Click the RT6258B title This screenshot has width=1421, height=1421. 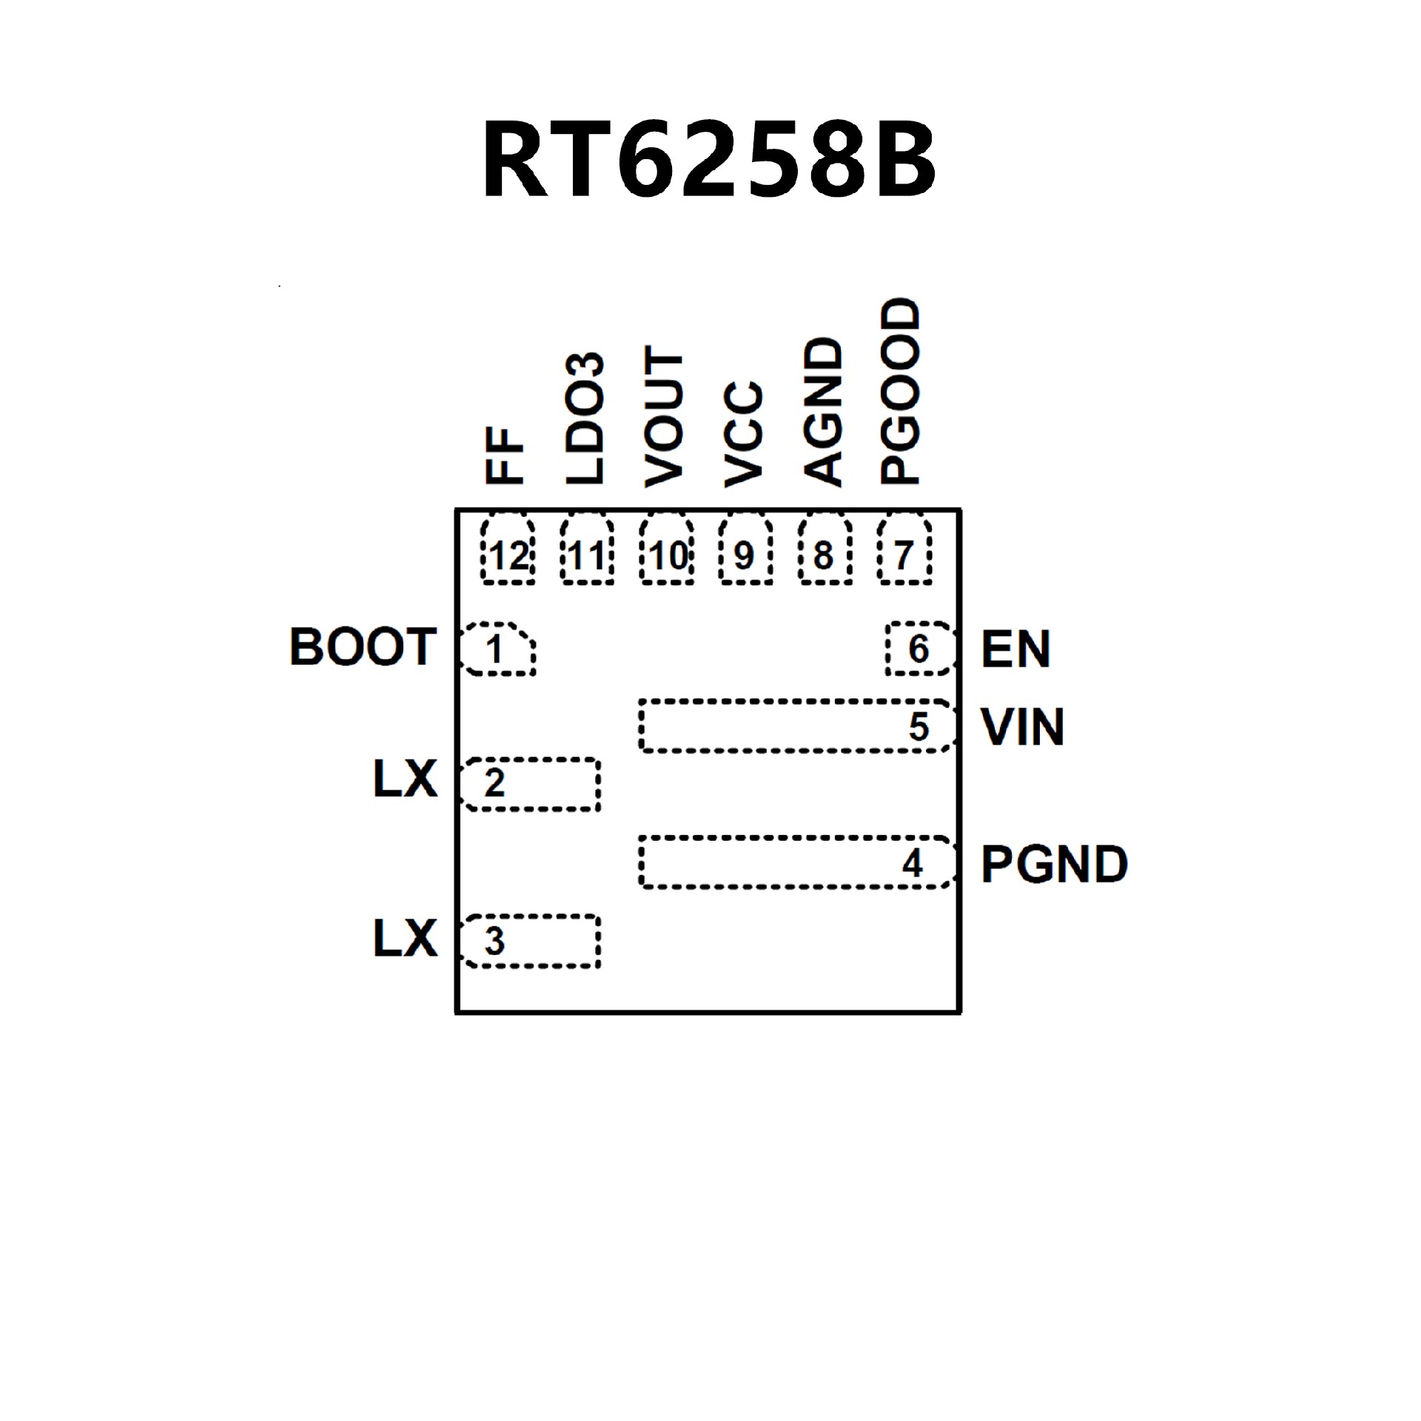[x=709, y=160]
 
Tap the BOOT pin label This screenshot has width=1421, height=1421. [x=363, y=647]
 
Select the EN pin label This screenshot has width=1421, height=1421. [x=1015, y=649]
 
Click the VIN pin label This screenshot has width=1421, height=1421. [x=1023, y=727]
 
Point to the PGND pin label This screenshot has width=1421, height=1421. [x=1054, y=864]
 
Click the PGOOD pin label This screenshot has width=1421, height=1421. [x=900, y=392]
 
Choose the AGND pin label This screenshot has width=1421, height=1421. [x=823, y=411]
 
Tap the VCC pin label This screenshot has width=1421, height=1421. [x=744, y=434]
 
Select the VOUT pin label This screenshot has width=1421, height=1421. [x=664, y=416]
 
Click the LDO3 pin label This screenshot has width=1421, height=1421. [x=585, y=418]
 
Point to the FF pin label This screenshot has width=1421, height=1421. [x=505, y=456]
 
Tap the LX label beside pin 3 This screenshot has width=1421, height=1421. [x=406, y=938]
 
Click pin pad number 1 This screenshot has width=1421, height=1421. [x=497, y=649]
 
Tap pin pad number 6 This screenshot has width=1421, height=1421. [x=918, y=649]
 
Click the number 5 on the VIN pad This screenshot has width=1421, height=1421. [x=918, y=727]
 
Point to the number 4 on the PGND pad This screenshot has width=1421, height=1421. [x=913, y=864]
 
